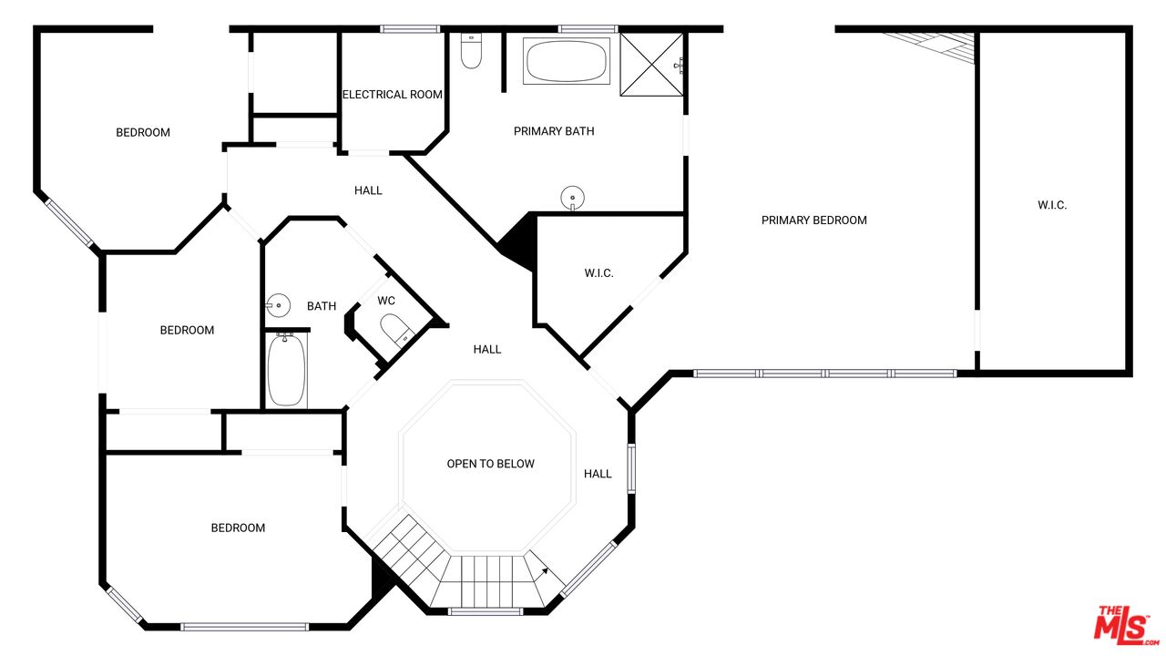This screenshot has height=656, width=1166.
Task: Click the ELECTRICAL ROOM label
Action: click(x=392, y=95)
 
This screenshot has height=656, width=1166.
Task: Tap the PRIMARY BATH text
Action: click(x=554, y=131)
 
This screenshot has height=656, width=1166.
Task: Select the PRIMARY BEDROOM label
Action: click(x=814, y=220)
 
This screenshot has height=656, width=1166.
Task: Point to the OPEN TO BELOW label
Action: click(x=490, y=464)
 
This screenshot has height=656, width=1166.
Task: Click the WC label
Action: click(x=386, y=301)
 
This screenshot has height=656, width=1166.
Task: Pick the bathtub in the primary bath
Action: click(x=567, y=60)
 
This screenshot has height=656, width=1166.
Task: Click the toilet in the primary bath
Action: click(x=471, y=51)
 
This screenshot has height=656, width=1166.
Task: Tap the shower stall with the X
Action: click(x=651, y=65)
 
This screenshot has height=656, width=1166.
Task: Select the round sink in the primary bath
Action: click(x=573, y=199)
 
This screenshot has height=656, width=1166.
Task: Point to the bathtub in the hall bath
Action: click(x=286, y=370)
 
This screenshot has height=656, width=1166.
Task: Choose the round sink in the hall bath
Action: click(x=278, y=305)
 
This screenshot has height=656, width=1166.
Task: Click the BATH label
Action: click(x=322, y=306)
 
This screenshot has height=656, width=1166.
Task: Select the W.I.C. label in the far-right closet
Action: click(x=1052, y=205)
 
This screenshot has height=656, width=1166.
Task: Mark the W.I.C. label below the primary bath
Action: click(x=598, y=272)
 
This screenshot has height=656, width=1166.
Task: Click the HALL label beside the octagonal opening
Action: click(x=598, y=474)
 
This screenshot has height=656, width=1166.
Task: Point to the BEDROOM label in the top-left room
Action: click(x=143, y=133)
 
